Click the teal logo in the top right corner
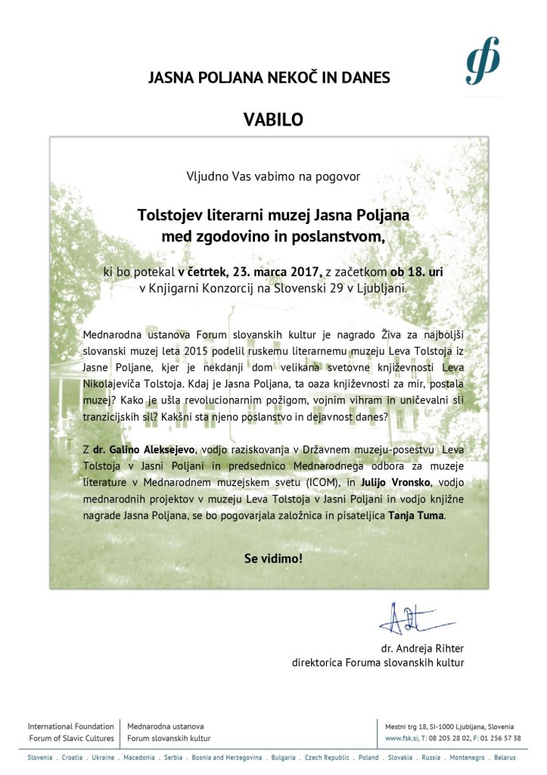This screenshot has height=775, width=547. [x=483, y=60]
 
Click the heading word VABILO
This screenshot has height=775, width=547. [x=273, y=119]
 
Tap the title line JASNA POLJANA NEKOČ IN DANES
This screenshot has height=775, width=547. [x=269, y=77]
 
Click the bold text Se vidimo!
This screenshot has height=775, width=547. [x=273, y=559]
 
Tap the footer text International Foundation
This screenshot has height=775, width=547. [x=71, y=726]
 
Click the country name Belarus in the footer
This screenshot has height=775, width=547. [x=503, y=758]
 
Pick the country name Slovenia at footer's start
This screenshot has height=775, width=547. [x=40, y=758]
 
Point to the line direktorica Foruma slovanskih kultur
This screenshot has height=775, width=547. [x=378, y=663]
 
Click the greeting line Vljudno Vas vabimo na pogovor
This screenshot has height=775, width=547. [x=273, y=176]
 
